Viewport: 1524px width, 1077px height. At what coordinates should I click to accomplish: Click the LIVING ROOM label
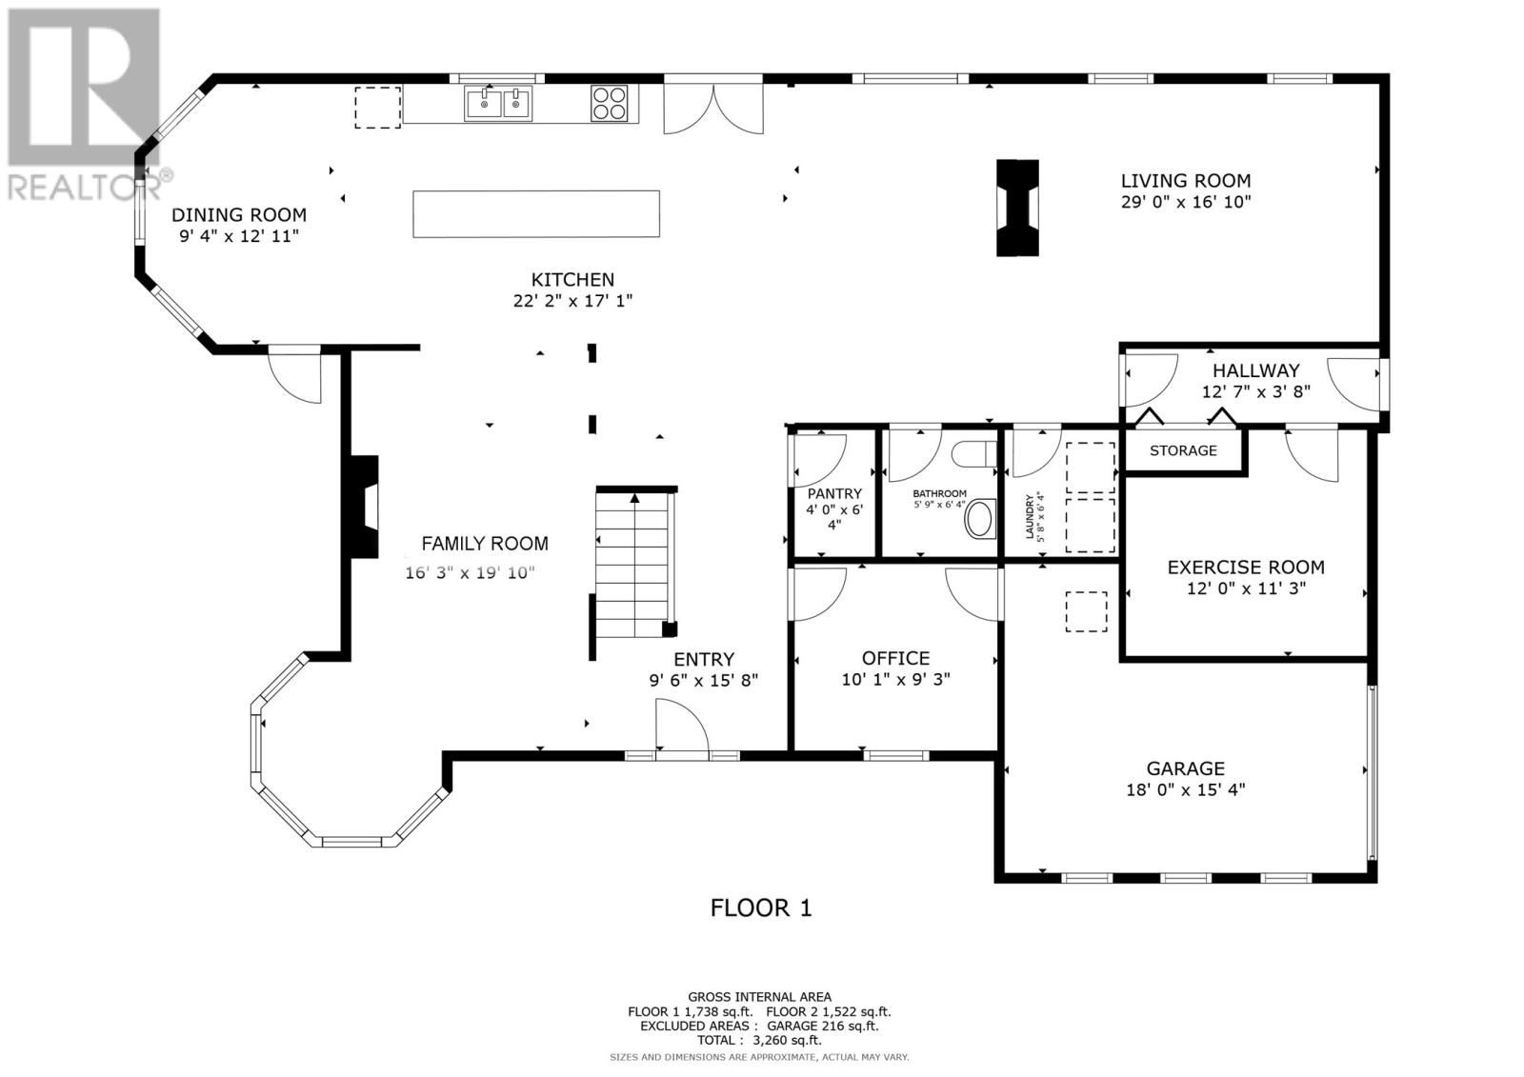point(1186,181)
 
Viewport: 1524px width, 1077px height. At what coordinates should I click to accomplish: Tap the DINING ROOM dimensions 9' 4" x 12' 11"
point(239,236)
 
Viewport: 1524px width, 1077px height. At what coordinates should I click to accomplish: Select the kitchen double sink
point(498,104)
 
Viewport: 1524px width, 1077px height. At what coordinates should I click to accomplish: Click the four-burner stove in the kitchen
point(610,104)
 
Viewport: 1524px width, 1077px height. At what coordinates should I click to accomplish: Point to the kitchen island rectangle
point(536,213)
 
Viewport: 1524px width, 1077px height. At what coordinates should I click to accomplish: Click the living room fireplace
point(1017,209)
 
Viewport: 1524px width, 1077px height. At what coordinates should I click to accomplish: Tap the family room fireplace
point(365,507)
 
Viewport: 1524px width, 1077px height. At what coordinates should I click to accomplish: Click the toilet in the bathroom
point(973,454)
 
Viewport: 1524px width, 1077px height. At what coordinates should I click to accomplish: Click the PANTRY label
point(834,493)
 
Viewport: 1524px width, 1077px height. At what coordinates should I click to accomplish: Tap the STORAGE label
point(1183,450)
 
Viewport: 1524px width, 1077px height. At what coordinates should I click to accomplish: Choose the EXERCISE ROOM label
point(1246,568)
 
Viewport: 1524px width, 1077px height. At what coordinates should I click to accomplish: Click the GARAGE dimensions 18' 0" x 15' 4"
point(1186,789)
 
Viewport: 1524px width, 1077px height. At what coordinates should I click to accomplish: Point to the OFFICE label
point(895,659)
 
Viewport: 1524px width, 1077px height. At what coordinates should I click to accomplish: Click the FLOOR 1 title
point(761,908)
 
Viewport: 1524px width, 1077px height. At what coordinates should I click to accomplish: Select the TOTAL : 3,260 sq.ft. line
point(759,1040)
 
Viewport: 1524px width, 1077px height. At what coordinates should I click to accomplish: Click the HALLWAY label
point(1256,370)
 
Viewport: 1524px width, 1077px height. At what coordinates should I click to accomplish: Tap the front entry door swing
point(682,726)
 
